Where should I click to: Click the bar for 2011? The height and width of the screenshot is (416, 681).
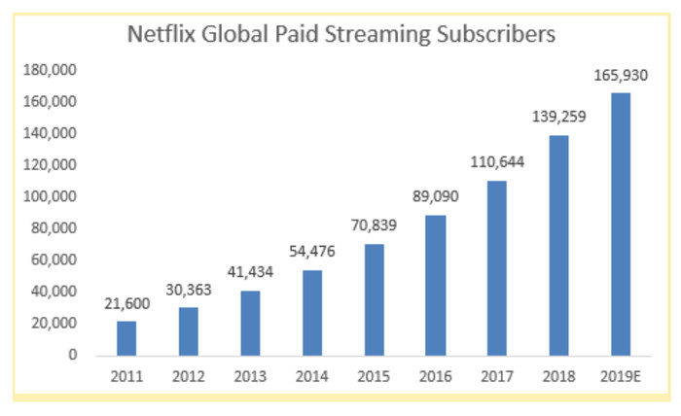pyautogui.click(x=126, y=337)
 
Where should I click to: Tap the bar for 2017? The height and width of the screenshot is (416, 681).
pyautogui.click(x=496, y=267)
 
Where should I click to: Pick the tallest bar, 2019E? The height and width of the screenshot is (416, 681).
pyautogui.click(x=620, y=224)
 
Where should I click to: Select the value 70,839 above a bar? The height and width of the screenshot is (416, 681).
pyautogui.click(x=374, y=228)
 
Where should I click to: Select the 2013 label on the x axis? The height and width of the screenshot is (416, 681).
pyautogui.click(x=250, y=377)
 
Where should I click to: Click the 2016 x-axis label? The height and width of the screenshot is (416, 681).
pyautogui.click(x=435, y=377)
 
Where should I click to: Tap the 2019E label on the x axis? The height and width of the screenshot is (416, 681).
pyautogui.click(x=620, y=377)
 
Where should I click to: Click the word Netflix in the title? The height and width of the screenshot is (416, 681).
pyautogui.click(x=161, y=35)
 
